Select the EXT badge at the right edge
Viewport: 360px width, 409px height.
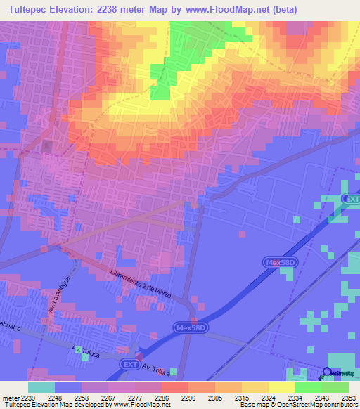(x=352, y=200)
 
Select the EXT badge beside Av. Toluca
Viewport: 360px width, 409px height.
(x=128, y=363)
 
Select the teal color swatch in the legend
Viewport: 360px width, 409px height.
(x=41, y=387)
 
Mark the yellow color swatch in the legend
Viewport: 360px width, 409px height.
(x=281, y=387)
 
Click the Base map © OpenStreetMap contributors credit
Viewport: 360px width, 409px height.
(x=297, y=405)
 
